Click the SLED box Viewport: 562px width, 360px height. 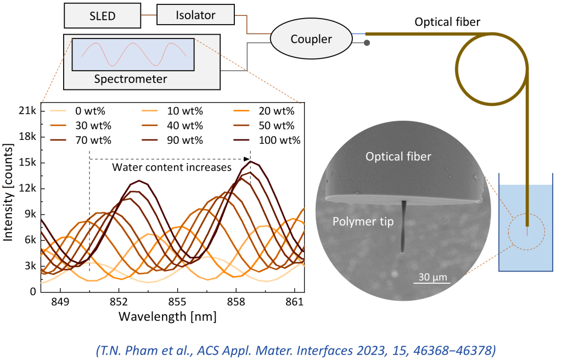coord(103,16)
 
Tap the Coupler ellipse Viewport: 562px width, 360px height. coord(311,39)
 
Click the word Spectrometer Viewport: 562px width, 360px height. coord(131,79)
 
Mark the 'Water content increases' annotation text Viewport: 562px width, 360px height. coord(172,167)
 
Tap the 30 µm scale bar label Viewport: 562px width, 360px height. coord(431,276)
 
